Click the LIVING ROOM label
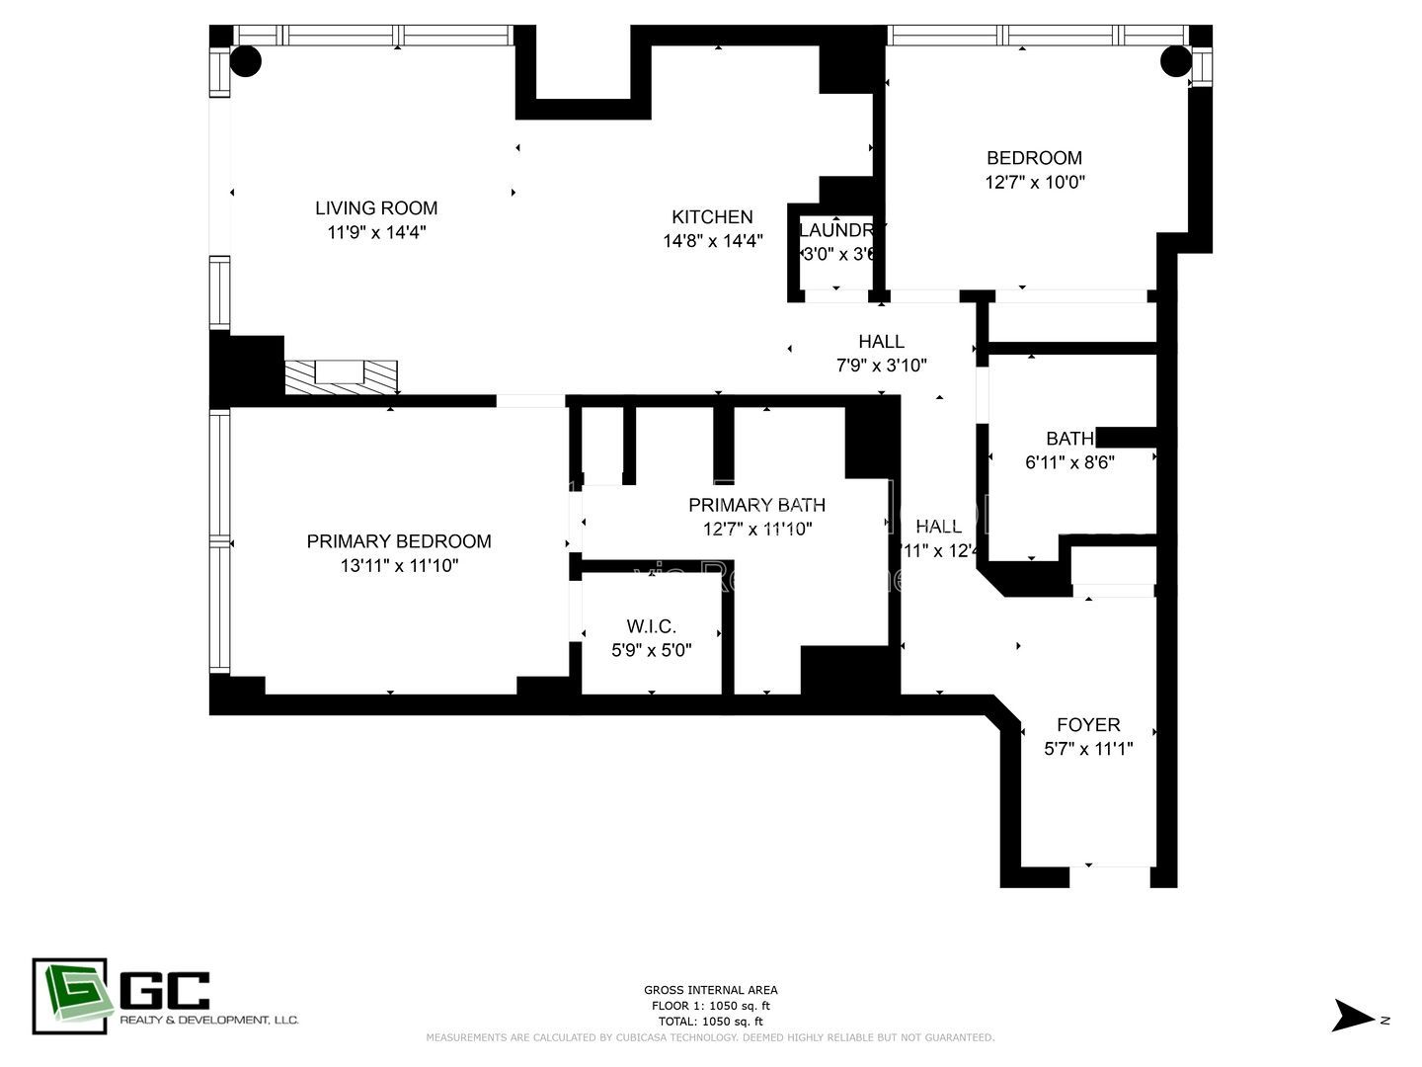coord(376,207)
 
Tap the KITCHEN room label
coord(712,216)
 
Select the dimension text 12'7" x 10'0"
coord(1035,182)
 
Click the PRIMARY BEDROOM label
coord(399,540)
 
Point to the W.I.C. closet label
coord(651,626)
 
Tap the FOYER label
coord(1088,724)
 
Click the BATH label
coord(1069,438)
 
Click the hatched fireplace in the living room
coord(341,377)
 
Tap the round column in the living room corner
coord(246,61)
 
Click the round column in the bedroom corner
coord(1175,61)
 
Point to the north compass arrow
coord(1353,1016)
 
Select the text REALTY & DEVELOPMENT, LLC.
coord(208,1020)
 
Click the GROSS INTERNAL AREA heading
coord(710,990)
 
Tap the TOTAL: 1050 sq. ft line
coord(710,1022)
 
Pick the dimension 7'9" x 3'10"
coord(881,366)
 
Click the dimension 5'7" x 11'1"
coord(1088,749)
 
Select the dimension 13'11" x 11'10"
coord(399,566)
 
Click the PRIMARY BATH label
coord(756,504)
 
